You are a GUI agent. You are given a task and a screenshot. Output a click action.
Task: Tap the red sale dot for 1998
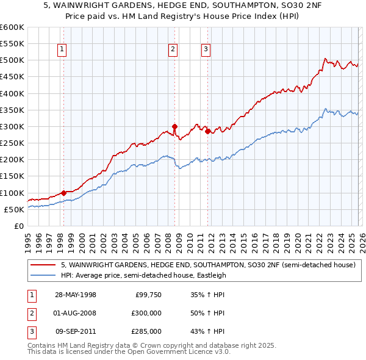coord(63,193)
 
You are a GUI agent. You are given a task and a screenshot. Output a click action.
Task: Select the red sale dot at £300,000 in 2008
coord(174,126)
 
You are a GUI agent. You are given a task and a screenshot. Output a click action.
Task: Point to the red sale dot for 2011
coord(207,131)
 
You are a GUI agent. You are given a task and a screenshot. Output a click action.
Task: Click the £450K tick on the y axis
coord(12,77)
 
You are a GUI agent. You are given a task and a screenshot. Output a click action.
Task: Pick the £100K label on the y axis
coord(12,193)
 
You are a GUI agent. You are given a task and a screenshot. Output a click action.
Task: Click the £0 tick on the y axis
coord(18,226)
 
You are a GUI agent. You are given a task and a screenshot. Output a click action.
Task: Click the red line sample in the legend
coord(43,265)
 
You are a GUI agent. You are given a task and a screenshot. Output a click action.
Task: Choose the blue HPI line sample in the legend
coord(43,275)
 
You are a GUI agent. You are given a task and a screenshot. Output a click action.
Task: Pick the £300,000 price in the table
coord(146,313)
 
